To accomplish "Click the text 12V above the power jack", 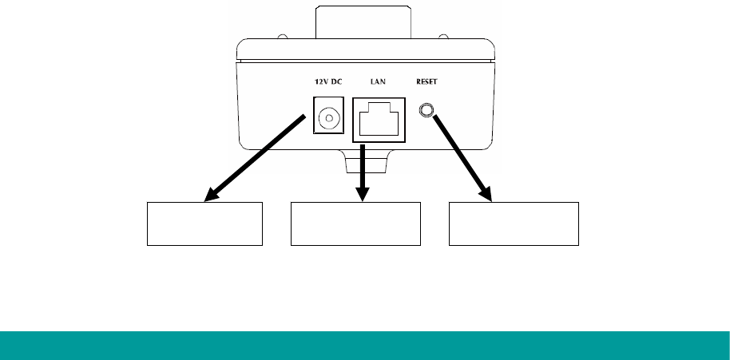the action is [317, 82].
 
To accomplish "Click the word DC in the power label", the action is [336, 82].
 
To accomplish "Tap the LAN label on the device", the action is [378, 82].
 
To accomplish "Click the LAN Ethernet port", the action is [379, 121].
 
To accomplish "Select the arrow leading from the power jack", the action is [256, 157].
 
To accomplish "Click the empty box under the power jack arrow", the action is [204, 224].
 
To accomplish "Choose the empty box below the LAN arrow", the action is [355, 224].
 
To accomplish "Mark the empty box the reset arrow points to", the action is [514, 224].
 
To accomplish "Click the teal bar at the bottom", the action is [365, 345].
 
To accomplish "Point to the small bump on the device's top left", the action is [283, 37].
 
